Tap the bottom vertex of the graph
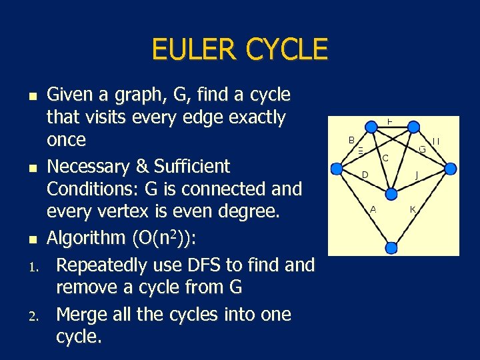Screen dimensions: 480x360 (x=391, y=248)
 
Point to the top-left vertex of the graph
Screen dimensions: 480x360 (x=366, y=126)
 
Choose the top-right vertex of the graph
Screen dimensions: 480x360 (x=413, y=126)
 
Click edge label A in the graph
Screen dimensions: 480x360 (x=373, y=209)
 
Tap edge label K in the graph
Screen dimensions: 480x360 (x=413, y=209)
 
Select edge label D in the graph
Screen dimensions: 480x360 (x=365, y=175)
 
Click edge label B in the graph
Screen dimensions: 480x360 (x=351, y=140)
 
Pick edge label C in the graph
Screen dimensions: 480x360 (x=385, y=158)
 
